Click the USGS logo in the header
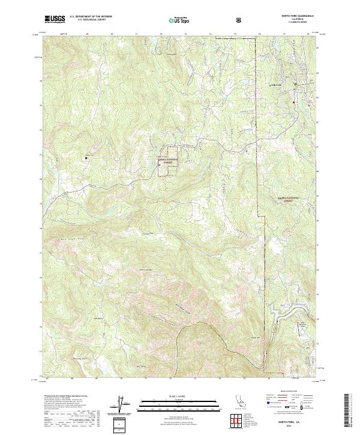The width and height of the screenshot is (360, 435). [x=55, y=19]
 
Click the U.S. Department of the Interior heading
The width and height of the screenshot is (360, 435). [x=94, y=17]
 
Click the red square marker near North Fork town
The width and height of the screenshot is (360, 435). [x=294, y=103]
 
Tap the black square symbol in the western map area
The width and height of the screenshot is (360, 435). [x=86, y=158]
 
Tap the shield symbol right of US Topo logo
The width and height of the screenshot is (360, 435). [x=238, y=20]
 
